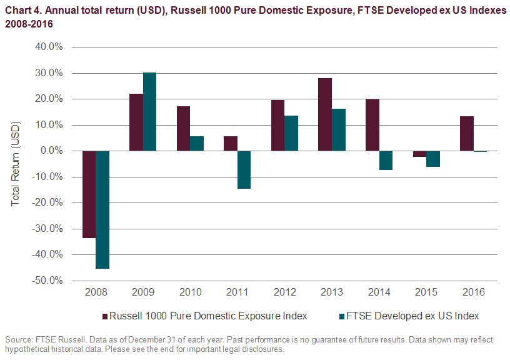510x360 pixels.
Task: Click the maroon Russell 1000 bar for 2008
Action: (89, 194)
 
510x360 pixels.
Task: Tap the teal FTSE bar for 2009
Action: (150, 112)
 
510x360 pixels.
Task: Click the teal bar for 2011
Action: (244, 169)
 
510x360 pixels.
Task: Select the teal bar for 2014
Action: (386, 160)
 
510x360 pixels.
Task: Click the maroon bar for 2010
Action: (183, 128)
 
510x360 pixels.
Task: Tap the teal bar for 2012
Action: (291, 133)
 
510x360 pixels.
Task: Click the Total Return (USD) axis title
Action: (16, 164)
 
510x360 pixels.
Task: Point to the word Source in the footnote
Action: (18, 339)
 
